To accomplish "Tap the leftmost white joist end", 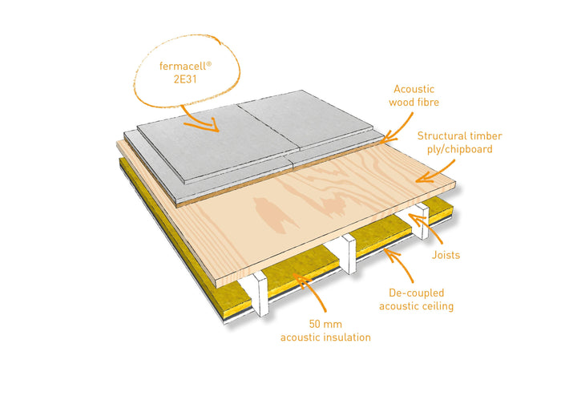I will click(x=260, y=293).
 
